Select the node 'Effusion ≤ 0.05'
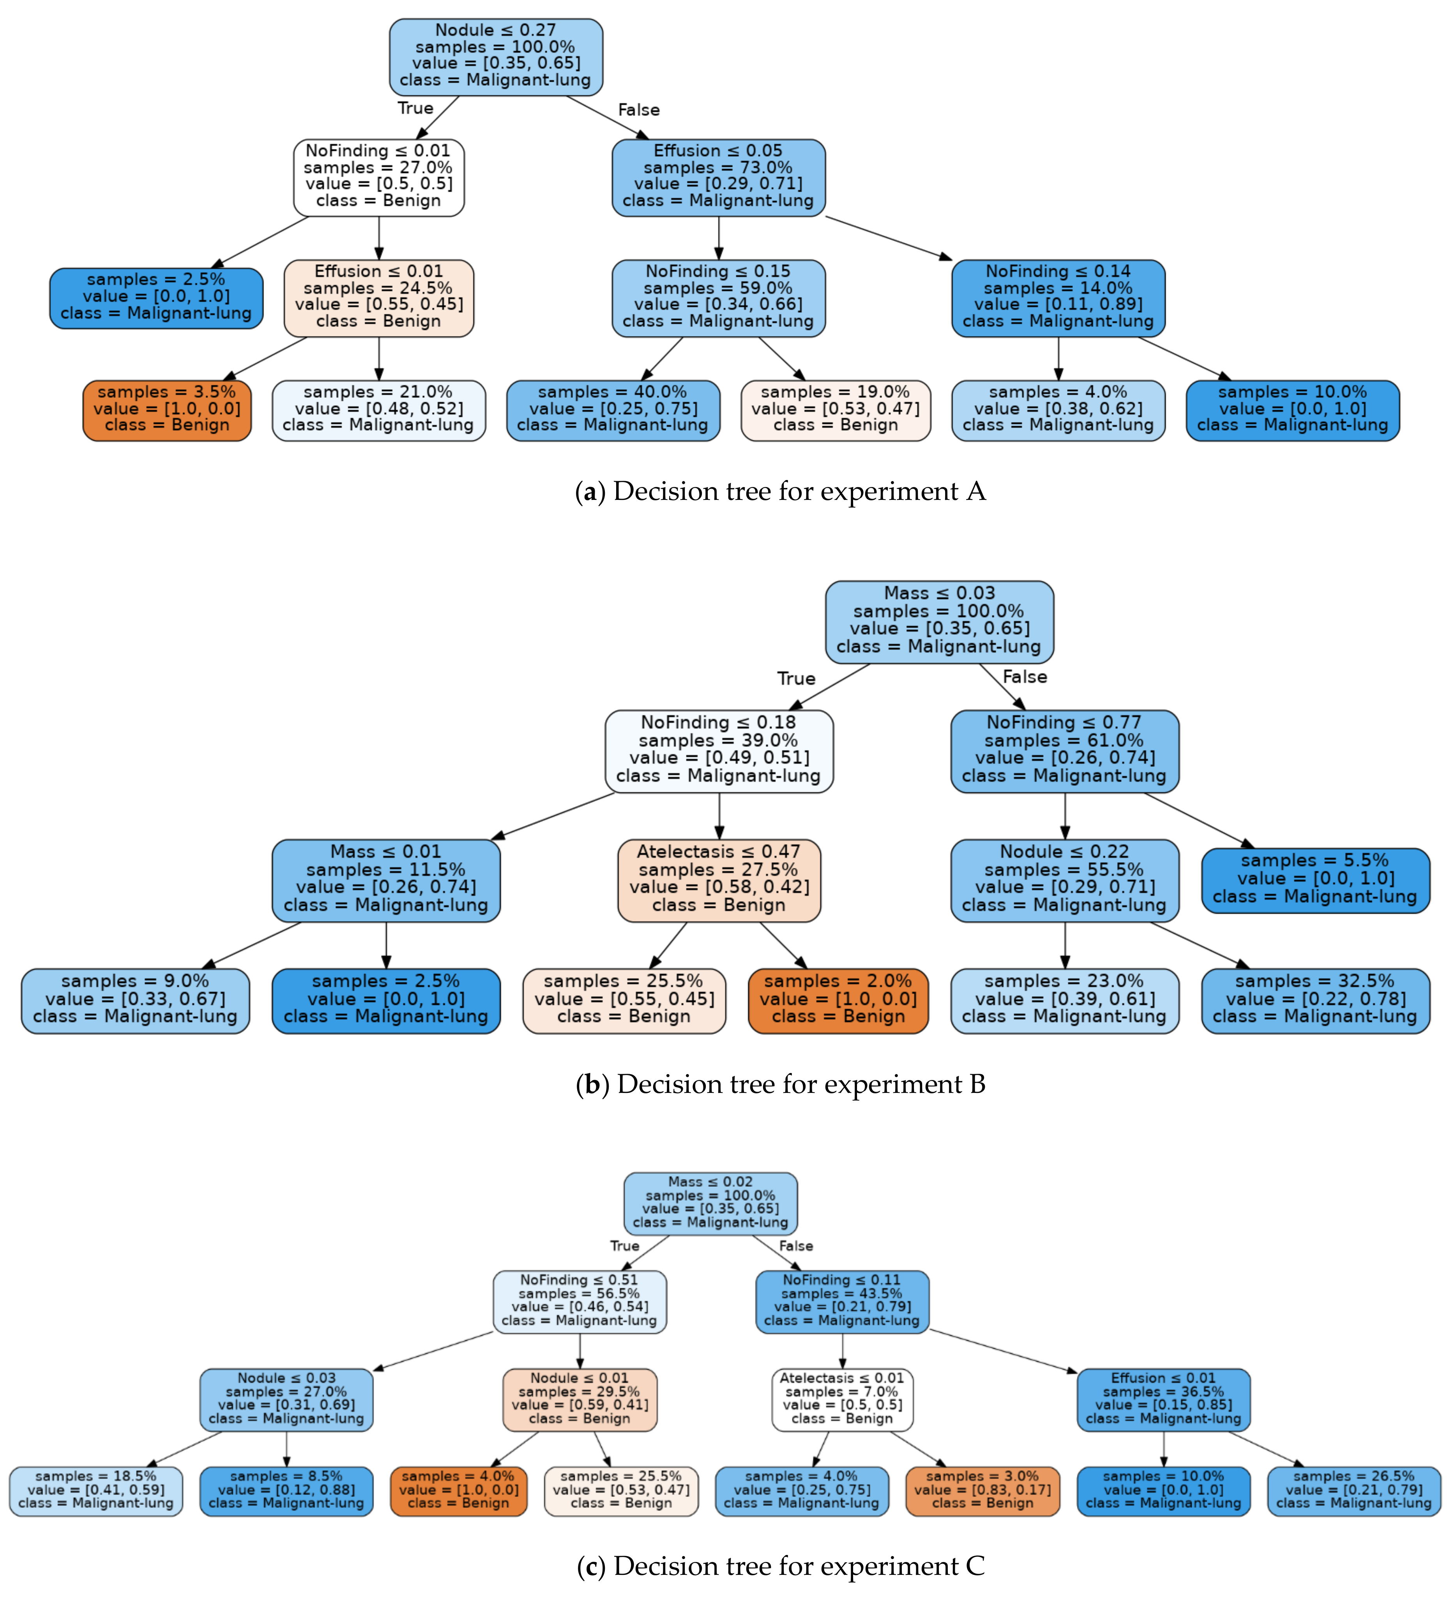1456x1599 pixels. [718, 177]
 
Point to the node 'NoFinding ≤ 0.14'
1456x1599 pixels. [1058, 297]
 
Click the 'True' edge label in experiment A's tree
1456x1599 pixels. [415, 108]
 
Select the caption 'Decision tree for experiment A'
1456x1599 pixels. [780, 492]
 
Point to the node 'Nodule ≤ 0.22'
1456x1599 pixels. [1064, 880]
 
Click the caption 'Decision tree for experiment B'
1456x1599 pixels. [780, 1084]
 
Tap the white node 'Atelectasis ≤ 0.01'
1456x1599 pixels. [842, 1400]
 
